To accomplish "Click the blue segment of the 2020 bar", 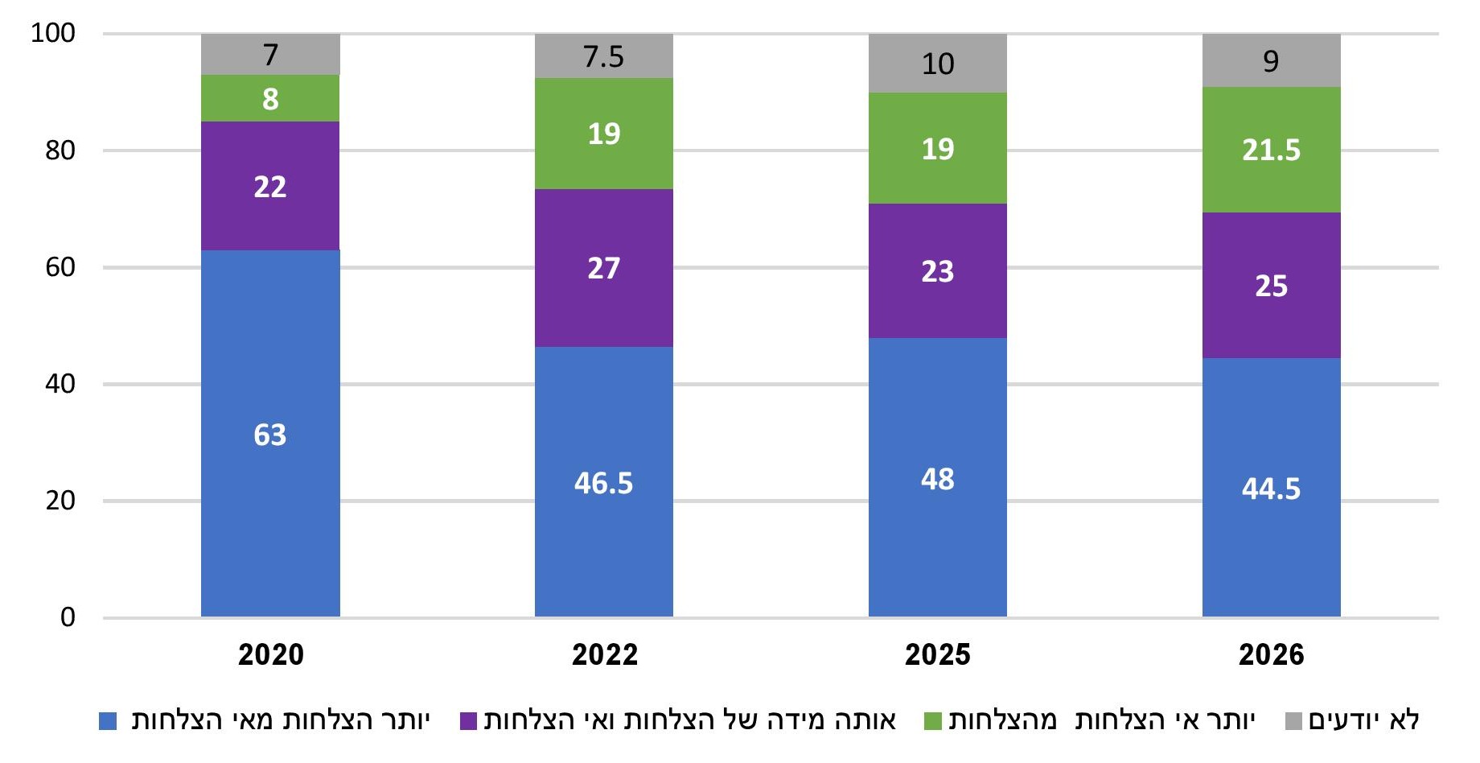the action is click(270, 434).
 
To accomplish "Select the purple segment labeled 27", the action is click(604, 268).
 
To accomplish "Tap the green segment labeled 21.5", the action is click(1272, 150).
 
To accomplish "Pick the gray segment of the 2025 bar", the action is click(938, 63).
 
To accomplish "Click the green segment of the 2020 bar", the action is click(270, 98).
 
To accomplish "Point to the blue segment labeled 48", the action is click(938, 477).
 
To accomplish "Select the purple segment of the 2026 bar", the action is click(1272, 285).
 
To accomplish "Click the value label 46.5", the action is click(604, 483).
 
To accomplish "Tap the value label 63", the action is click(270, 435).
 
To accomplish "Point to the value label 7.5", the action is click(604, 57).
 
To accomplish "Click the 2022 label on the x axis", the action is click(605, 654).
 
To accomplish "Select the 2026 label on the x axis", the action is click(1272, 654).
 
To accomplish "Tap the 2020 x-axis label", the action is click(271, 654).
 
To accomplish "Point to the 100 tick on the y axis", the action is click(53, 33).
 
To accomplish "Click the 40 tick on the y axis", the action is click(60, 383).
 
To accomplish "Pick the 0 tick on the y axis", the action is click(68, 617).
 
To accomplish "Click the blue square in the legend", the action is click(108, 721).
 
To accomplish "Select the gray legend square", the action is click(1293, 721).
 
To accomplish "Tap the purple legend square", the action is click(469, 721).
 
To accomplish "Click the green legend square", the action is click(933, 721).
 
